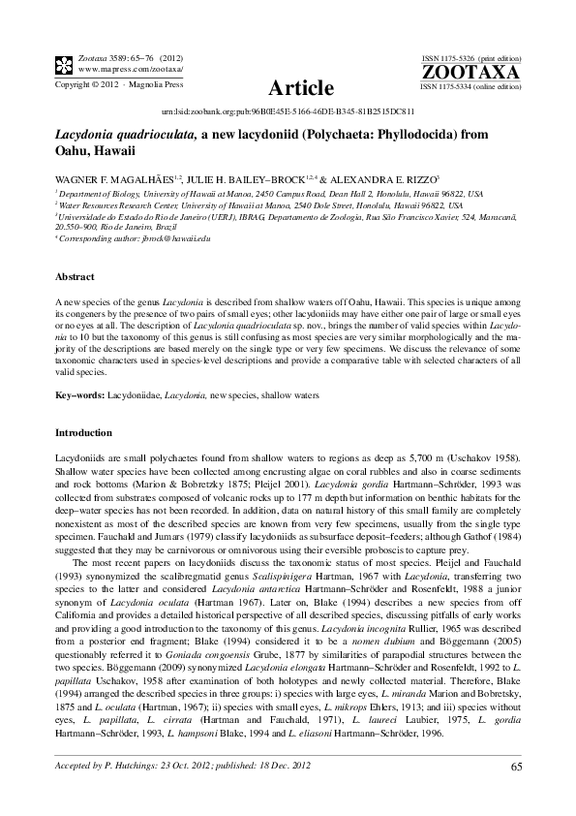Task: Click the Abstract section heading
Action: coord(75,276)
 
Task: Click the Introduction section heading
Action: coord(83,432)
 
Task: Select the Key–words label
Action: coord(80,396)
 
